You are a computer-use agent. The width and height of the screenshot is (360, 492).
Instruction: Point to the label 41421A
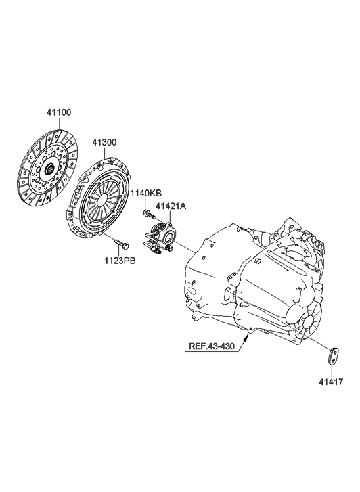173,205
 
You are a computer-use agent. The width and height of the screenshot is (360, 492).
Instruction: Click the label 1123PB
119,260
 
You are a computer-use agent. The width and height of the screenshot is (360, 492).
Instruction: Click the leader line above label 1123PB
119,250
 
